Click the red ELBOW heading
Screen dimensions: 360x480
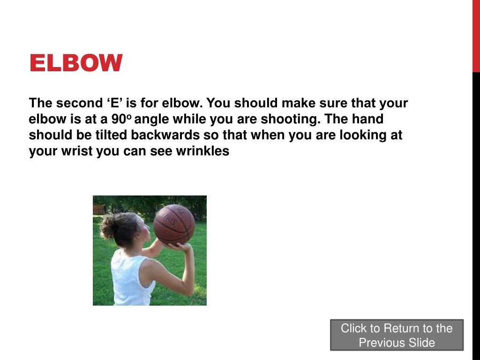pyautogui.click(x=75, y=63)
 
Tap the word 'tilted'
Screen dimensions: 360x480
pyautogui.click(x=111, y=135)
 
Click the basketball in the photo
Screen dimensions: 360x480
pyautogui.click(x=173, y=225)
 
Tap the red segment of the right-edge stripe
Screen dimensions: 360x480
pyautogui.click(x=476, y=36)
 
